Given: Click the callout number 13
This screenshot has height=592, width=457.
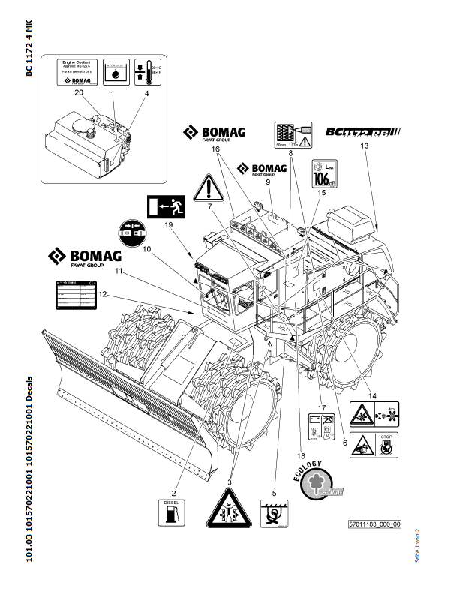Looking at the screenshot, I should [365, 146].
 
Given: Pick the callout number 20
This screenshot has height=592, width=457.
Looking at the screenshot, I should [77, 93].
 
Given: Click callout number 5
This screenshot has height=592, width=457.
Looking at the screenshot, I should [275, 494].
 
